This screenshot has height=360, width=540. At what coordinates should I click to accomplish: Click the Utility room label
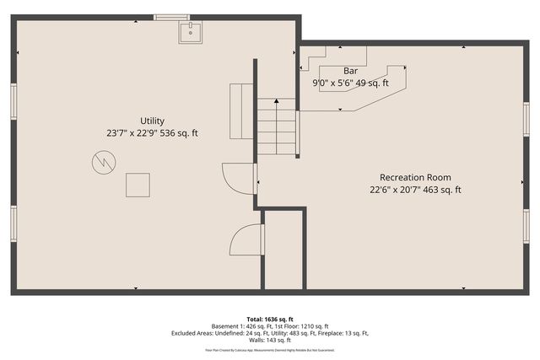153,121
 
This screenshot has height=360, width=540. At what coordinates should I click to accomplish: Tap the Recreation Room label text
414,177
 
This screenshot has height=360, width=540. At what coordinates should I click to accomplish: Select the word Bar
350,71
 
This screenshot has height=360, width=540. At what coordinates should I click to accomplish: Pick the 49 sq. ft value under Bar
371,83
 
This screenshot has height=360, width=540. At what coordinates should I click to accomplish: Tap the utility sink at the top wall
190,33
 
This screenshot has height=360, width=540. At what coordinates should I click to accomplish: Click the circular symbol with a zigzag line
103,161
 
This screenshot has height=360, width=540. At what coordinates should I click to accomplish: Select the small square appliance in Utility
138,185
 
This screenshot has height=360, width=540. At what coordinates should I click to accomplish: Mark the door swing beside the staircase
237,179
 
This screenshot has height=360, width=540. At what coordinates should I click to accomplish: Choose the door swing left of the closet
246,241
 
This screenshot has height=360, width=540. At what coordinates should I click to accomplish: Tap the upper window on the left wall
13,101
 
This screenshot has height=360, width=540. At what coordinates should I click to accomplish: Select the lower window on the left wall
13,223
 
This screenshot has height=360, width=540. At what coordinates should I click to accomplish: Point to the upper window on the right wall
526,118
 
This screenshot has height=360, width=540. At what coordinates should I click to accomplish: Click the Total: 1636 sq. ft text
271,318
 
